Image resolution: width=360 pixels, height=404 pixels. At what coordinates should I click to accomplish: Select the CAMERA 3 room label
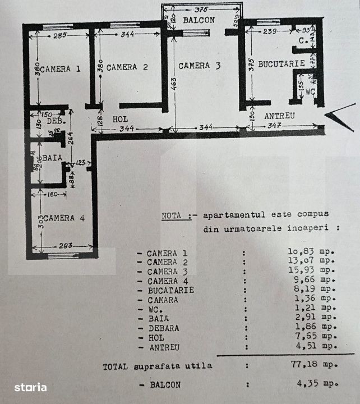click(x=200, y=66)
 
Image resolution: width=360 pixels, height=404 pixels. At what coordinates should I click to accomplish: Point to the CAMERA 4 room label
click(x=64, y=218)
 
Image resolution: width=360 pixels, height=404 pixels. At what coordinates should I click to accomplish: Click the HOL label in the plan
click(x=121, y=120)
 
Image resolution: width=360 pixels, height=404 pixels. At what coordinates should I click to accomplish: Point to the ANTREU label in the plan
click(x=280, y=116)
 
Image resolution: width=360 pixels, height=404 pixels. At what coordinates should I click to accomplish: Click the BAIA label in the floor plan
click(x=52, y=158)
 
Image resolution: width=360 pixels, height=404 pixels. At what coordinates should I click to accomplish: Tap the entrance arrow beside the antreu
click(x=340, y=116)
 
